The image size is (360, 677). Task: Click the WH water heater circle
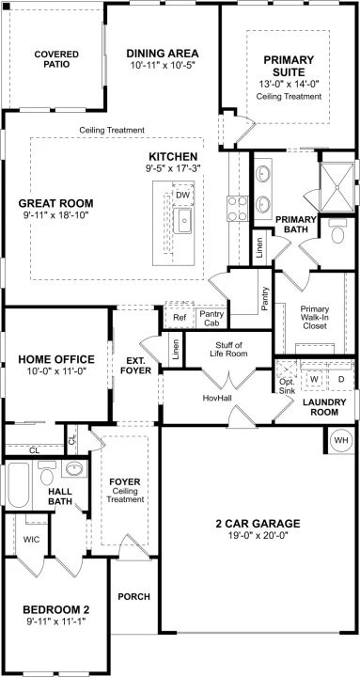click(x=341, y=440)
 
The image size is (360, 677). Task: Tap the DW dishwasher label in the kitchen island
click(x=183, y=196)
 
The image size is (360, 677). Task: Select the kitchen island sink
click(x=182, y=220)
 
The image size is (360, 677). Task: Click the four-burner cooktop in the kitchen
click(x=238, y=209)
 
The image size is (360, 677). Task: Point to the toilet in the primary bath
click(x=337, y=231)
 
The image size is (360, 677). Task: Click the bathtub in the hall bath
click(x=18, y=485)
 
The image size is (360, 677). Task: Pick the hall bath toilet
click(x=47, y=473)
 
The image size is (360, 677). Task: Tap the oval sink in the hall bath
click(x=74, y=468)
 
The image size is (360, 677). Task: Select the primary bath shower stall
click(x=337, y=187)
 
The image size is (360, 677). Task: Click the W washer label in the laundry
click(x=315, y=379)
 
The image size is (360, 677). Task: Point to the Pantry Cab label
click(x=211, y=319)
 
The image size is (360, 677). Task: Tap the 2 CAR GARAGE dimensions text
click(x=258, y=535)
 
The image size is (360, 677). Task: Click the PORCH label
click(x=134, y=597)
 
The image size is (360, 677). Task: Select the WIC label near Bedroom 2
click(x=32, y=540)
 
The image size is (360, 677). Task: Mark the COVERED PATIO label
click(x=56, y=59)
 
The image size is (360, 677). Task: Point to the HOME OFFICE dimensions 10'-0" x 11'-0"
click(x=56, y=370)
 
